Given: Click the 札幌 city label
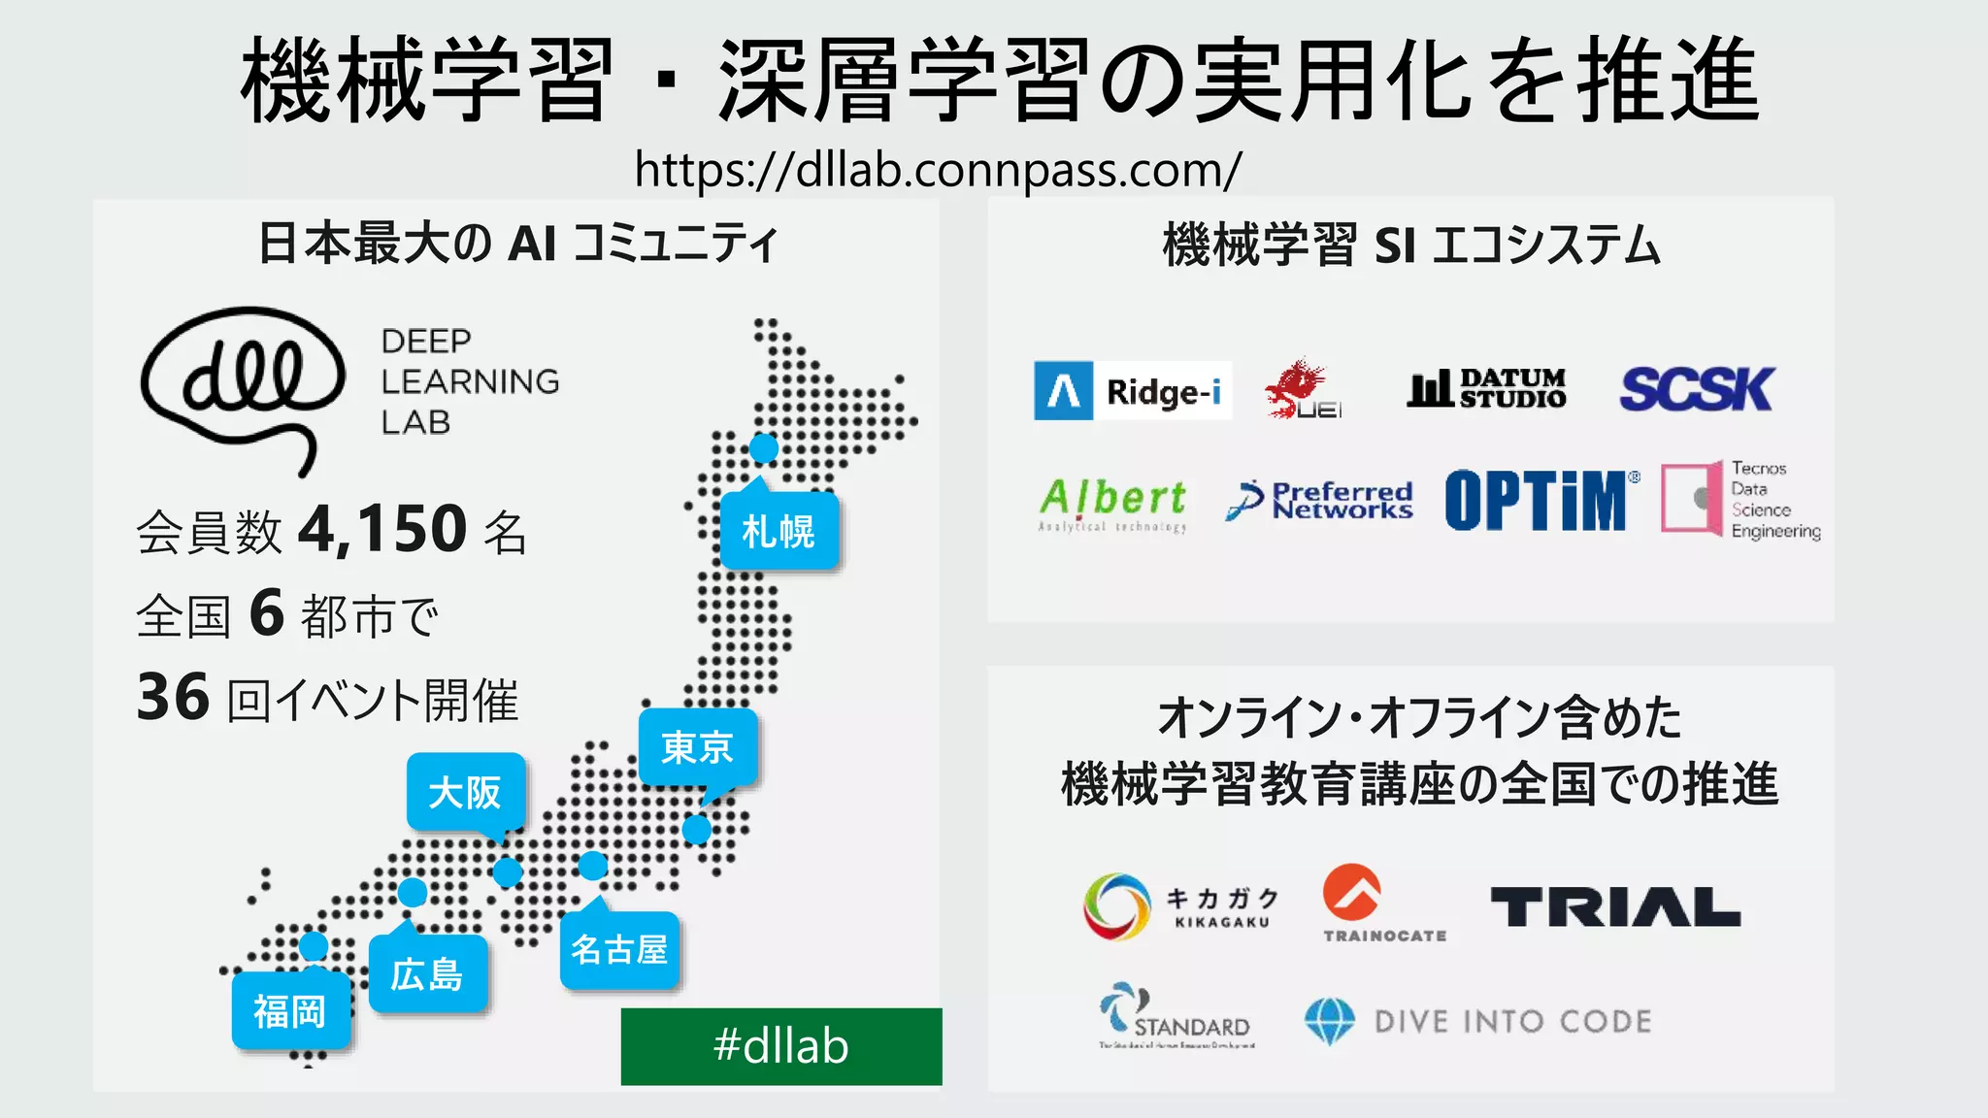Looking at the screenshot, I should pos(779,531).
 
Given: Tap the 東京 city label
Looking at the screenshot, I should pos(697,747).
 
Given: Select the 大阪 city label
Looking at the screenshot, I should pos(466,792).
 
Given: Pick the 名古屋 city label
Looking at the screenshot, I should pos(619,949).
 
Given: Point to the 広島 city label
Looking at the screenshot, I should pos(427,974).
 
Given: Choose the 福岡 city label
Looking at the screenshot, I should pos(290,1011).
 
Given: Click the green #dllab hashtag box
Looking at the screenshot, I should pos(781,1046).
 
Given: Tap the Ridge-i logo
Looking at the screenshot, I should pos(1132,390).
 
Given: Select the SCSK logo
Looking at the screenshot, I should pos(1696,389).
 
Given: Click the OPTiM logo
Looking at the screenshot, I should pos(1541,501).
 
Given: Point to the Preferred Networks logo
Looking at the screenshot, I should pos(1319,501).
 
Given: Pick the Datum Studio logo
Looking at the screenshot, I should pos(1486,388).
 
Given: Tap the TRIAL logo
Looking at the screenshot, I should pos(1615,906).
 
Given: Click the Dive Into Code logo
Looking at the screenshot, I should pos(1477,1021).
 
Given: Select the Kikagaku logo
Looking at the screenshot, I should pos(1180,905).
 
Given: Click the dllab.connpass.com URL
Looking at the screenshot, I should pos(938,170).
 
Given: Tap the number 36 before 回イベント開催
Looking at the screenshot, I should pos(173,697).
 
